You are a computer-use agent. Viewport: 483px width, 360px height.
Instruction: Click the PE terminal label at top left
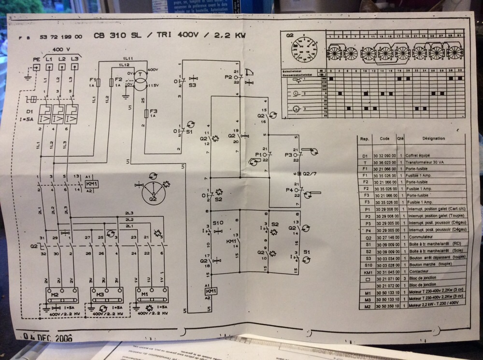(x=37, y=59)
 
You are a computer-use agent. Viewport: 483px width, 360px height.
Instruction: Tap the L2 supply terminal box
(x=62, y=59)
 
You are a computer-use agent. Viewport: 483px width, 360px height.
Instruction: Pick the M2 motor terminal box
(x=62, y=294)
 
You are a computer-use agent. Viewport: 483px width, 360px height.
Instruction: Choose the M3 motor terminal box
(x=107, y=294)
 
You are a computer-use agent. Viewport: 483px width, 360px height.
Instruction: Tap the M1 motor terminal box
(x=152, y=294)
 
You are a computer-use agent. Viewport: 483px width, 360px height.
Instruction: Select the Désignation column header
(x=433, y=138)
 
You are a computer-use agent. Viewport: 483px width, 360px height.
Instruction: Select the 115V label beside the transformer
(x=153, y=85)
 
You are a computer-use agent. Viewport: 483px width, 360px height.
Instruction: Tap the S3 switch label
(x=192, y=85)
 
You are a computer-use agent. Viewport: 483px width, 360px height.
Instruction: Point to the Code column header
(x=384, y=138)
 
